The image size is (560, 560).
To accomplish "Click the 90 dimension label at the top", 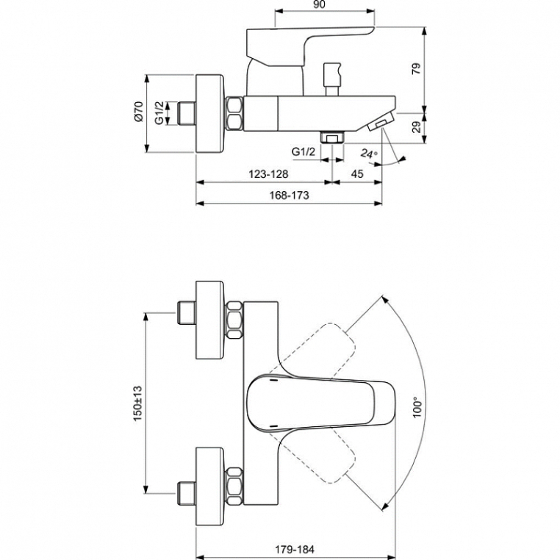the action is pos(319,4).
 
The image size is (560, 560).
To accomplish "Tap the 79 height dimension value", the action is pos(417,68).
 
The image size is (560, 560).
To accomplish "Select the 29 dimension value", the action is pos(417,127).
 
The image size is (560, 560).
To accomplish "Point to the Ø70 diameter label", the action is pos(139,112).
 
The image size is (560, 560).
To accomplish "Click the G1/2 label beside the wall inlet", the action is pos(159,113).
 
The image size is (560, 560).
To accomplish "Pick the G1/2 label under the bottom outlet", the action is pos(304,152).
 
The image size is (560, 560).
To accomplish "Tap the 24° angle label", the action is pos(369,154).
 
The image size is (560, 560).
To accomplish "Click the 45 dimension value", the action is pos(357,174).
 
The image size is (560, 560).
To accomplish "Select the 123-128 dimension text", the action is pos(268,174).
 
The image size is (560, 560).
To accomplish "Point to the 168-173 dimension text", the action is pos(289,195).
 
